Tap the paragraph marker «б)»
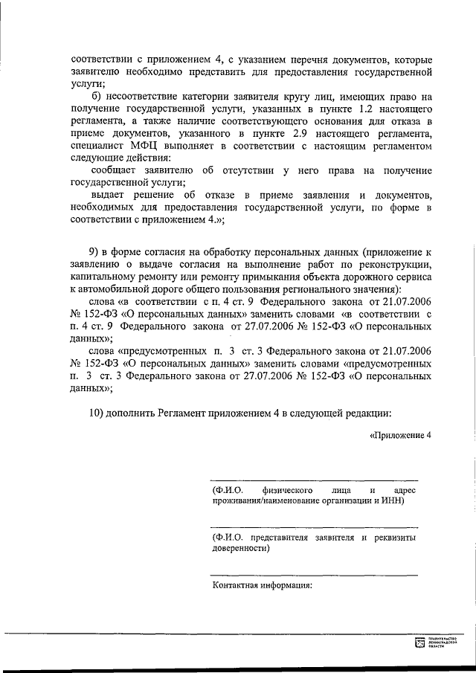click(97, 98)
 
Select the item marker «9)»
click(95, 253)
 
